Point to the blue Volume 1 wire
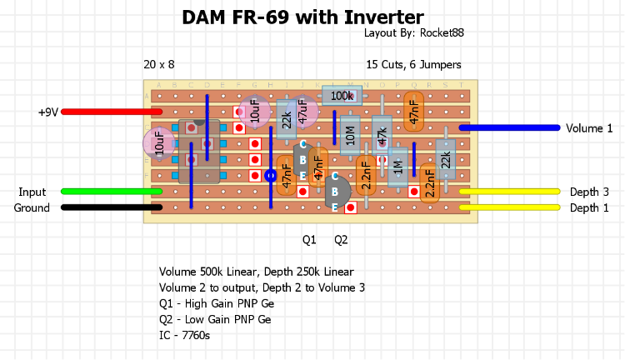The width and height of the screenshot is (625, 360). pos(508,127)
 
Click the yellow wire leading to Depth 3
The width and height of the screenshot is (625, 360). pos(508,192)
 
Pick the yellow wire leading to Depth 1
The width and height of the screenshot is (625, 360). pos(508,207)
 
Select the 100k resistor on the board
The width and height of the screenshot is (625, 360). pos(341,97)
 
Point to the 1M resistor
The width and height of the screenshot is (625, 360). pos(397,167)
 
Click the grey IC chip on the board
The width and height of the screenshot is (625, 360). pos(200,151)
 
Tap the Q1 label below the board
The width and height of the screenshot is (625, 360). pos(309,240)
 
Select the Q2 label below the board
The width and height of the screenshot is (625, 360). pos(341,240)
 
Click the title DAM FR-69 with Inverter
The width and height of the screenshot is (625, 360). pos(302,17)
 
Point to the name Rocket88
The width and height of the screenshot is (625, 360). pos(442,32)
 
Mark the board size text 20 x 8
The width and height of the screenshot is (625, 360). pos(159,64)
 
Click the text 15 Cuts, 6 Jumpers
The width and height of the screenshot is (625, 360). pos(413,64)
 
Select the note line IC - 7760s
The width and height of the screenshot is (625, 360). pos(184,335)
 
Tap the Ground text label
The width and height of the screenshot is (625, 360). pos(32,207)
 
